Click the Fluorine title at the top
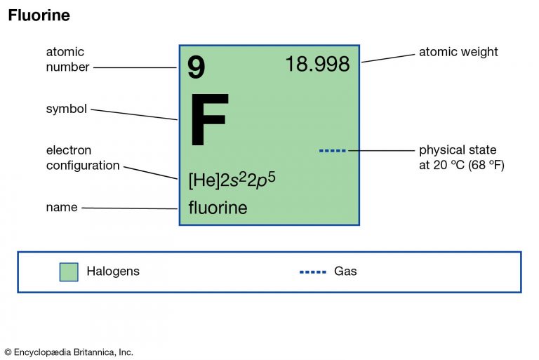39,15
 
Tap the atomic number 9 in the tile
196,67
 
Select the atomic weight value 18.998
318,64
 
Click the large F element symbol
209,119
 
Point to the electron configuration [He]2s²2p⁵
232,180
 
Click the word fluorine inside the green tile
218,207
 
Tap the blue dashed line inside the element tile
333,151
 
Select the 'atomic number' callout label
67,59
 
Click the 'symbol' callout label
67,109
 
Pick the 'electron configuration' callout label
83,158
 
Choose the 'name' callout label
62,207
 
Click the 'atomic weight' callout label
458,52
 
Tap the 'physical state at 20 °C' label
462,157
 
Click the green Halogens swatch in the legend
69,272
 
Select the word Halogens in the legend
113,272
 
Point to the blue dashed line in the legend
313,272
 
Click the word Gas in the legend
345,272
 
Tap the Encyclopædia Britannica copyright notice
69,352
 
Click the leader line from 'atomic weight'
388,58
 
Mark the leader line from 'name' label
130,208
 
